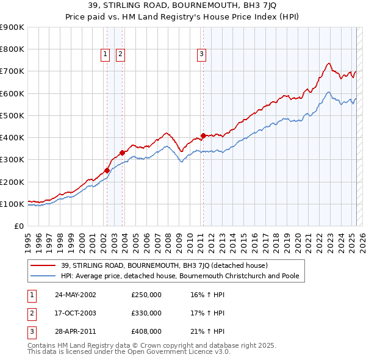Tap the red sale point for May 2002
coord(107,171)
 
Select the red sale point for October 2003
coord(122,153)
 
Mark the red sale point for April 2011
coord(203,135)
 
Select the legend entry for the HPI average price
coord(179,276)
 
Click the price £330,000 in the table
coord(146,313)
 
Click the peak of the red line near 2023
coord(328,63)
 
